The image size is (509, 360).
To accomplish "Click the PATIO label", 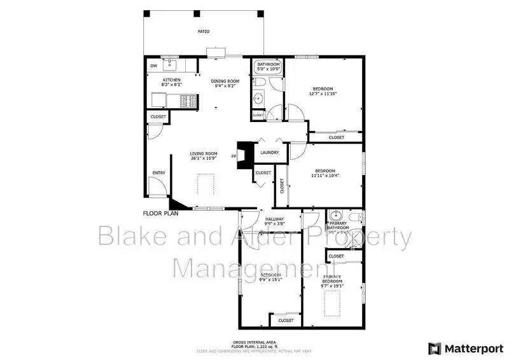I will tap(204, 31).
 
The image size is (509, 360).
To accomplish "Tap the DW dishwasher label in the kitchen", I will tap(153, 66).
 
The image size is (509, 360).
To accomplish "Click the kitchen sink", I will tap(170, 64).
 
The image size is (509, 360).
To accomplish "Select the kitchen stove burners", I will tap(188, 99).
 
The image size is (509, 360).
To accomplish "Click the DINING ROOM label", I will tap(225, 81).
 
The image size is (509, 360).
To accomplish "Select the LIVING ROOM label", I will tap(204, 153).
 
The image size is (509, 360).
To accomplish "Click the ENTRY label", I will tap(158, 173).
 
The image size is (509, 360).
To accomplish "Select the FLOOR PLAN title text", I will tap(160, 214).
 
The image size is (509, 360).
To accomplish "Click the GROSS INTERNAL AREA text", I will tap(254, 342).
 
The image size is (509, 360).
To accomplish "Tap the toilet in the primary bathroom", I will tap(357, 218).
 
